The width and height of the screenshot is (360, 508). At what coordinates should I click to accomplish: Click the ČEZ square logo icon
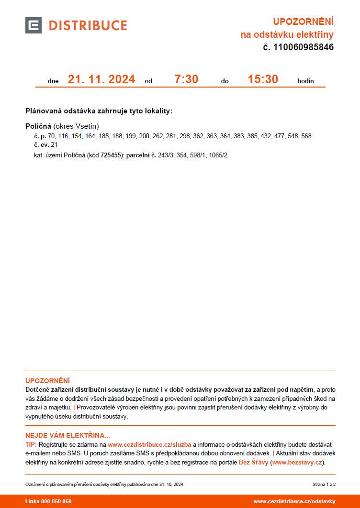pos(34,25)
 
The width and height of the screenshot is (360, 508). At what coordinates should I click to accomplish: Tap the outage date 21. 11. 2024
pos(101,79)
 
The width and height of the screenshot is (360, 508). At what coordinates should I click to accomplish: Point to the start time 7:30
pos(186,79)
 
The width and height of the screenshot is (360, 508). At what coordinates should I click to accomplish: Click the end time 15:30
pos(263,79)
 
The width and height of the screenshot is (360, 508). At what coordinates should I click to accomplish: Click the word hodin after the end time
pos(305,81)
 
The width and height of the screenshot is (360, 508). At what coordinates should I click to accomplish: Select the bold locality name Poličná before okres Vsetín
pos(38,126)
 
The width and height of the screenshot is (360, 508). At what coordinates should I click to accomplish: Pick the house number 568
pos(306,136)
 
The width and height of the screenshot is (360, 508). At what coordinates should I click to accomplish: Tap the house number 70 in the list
pos(52,136)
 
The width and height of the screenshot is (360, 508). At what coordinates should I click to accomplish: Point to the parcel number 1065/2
pos(218,155)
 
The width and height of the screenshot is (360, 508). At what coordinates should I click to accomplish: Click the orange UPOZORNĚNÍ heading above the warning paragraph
pos(47,381)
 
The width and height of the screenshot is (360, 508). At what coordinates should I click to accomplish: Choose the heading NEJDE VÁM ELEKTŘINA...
pos(67,435)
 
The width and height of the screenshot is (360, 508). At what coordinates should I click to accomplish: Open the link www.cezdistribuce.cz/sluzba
pos(149,445)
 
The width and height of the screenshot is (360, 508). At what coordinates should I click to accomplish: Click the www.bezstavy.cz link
pos(298,463)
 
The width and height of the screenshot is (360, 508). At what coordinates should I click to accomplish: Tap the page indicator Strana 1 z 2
pos(324,485)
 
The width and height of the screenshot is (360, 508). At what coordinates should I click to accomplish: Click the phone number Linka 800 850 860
pos(48,501)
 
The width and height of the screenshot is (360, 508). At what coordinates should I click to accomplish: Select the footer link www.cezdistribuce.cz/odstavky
pos(294,501)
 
